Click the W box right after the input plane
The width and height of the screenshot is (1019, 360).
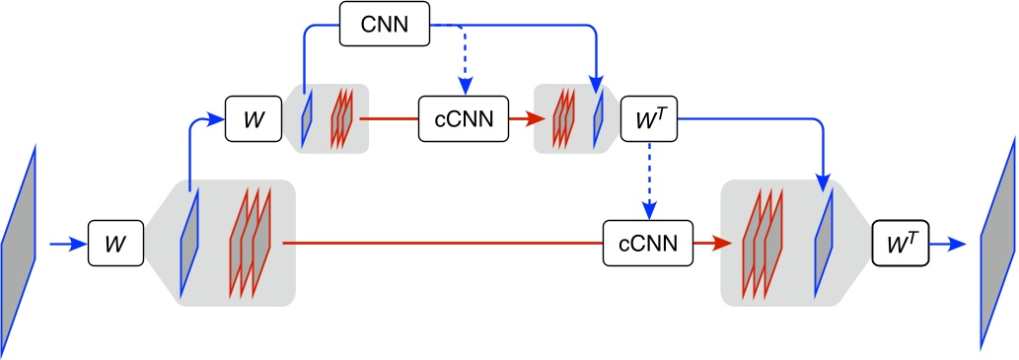tap(116, 242)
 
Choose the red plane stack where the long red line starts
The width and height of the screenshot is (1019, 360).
tap(250, 242)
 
